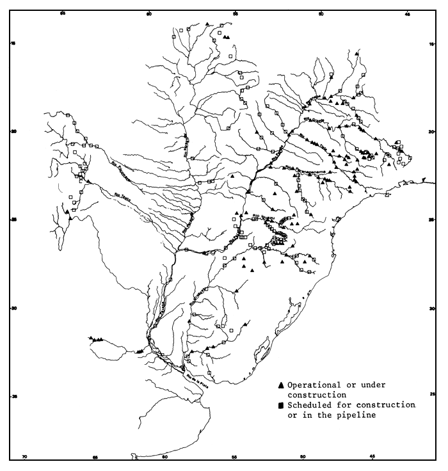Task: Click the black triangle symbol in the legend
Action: [x=281, y=385]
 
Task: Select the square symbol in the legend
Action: [x=281, y=406]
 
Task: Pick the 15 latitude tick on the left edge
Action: [x=13, y=44]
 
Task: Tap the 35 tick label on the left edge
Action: [x=13, y=397]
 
